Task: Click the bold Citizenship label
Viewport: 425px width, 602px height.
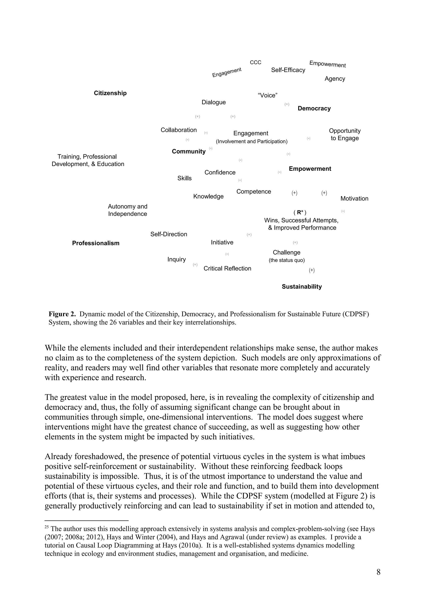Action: coord(110,93)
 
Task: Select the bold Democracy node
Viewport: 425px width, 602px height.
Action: coord(314,109)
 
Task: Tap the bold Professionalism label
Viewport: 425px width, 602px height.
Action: coord(96,243)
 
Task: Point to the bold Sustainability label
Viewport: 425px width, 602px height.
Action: coord(302,287)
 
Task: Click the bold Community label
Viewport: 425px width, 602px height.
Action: coord(189,152)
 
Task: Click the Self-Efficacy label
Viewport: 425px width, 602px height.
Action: coord(288,70)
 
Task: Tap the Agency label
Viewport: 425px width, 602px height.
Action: coord(335,79)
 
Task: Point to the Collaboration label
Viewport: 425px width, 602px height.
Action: coord(179,130)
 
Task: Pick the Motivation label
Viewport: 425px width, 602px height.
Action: coord(354,199)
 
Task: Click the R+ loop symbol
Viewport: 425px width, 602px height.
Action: coord(300,212)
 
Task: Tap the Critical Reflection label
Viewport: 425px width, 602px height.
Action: coord(227,268)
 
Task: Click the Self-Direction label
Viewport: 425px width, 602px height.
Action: coord(169,234)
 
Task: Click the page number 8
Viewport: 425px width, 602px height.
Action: coord(378,572)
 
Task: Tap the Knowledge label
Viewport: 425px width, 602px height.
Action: coord(208,197)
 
